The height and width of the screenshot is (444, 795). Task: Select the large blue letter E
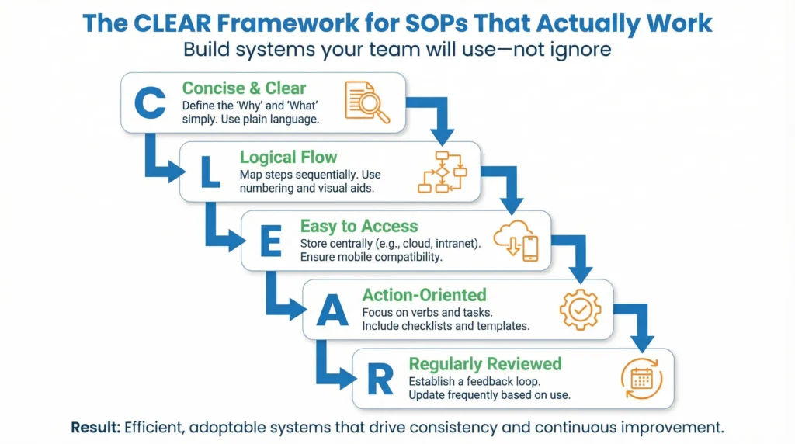coord(269,241)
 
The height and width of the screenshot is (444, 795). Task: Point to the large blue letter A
coord(331,310)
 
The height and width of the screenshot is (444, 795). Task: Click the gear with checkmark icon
coord(580,310)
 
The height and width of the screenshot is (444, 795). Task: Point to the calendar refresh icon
coord(641,379)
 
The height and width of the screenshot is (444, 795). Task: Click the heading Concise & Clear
coord(244,88)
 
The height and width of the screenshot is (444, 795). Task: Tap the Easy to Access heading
coord(359,227)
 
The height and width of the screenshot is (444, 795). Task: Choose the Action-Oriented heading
coord(424,295)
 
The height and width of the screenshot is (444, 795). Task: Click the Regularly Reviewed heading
coord(485,364)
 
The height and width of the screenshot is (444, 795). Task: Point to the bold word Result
coord(95,427)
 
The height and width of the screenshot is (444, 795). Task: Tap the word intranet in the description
coord(453,243)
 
